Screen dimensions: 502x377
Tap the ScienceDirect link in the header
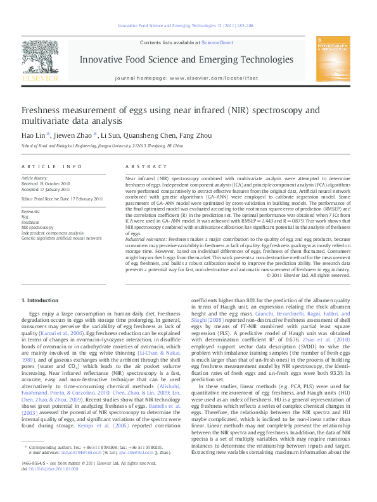tap(217, 42)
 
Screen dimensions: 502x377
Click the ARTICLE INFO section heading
tap(52, 166)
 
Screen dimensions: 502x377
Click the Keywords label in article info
tap(31, 211)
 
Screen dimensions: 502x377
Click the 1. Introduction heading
tap(41, 300)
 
